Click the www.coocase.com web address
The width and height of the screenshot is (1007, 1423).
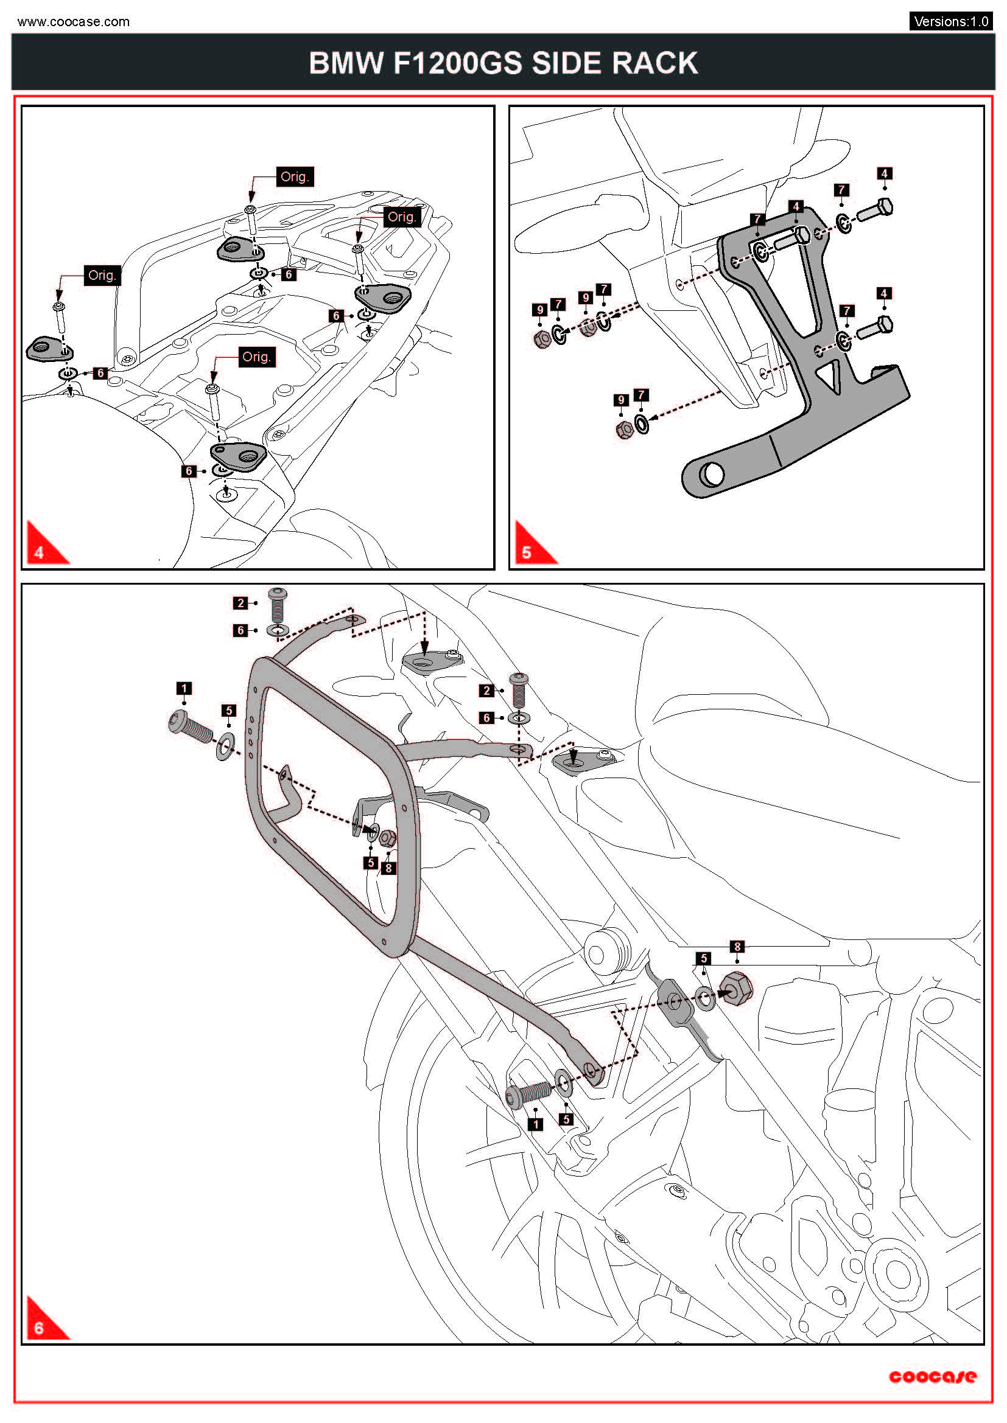point(73,22)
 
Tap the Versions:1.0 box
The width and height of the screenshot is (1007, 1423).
point(950,21)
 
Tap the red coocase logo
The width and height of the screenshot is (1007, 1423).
point(932,1377)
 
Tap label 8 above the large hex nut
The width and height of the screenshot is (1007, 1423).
point(737,947)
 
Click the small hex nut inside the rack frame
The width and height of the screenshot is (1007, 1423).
point(388,838)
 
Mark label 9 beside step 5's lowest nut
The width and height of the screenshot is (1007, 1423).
point(620,400)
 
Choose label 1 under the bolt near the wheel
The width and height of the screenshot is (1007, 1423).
point(535,1124)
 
